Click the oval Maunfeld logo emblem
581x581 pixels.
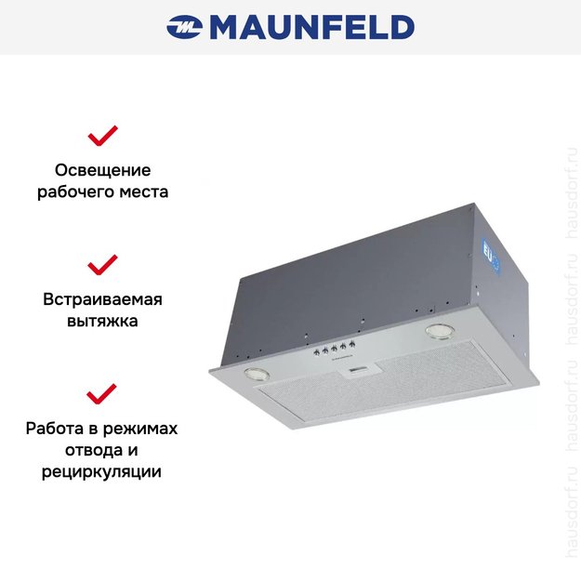click(186, 27)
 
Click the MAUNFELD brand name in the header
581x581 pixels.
click(311, 27)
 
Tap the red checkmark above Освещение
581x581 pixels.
click(102, 137)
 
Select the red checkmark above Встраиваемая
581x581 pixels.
click(102, 264)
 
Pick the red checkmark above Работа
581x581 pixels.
click(102, 393)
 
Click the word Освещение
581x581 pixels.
click(102, 171)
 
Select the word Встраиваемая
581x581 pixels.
click(102, 299)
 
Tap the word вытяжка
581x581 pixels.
click(102, 322)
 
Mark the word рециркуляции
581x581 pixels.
click(102, 472)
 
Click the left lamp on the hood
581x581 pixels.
click(256, 374)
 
